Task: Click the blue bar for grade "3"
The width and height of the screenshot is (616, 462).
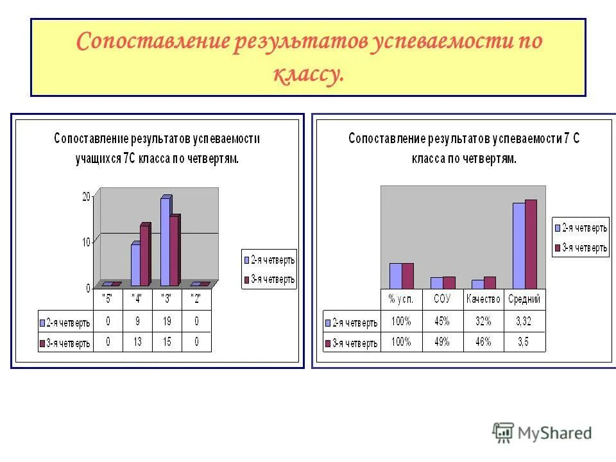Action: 165,241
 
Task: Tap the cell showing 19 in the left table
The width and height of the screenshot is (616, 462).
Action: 167,321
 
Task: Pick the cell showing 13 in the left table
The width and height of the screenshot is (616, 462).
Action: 137,343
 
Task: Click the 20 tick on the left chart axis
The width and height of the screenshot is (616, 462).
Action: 87,196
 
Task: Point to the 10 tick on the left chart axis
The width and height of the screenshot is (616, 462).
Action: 87,242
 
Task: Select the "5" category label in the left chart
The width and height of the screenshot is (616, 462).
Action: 108,298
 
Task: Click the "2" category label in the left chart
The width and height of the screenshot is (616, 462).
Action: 197,298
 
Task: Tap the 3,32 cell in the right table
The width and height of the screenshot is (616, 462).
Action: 524,321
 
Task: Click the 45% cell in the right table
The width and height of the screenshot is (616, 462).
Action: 442,321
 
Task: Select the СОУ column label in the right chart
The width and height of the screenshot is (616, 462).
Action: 442,299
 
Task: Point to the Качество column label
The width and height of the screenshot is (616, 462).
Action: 483,299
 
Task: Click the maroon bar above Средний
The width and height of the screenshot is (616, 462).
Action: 531,244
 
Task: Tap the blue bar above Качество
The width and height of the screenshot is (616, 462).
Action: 477,284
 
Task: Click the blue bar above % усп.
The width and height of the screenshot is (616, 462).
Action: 395,276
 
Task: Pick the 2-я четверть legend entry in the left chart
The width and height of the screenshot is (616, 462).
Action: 269,260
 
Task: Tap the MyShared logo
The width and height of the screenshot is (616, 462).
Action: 542,433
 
